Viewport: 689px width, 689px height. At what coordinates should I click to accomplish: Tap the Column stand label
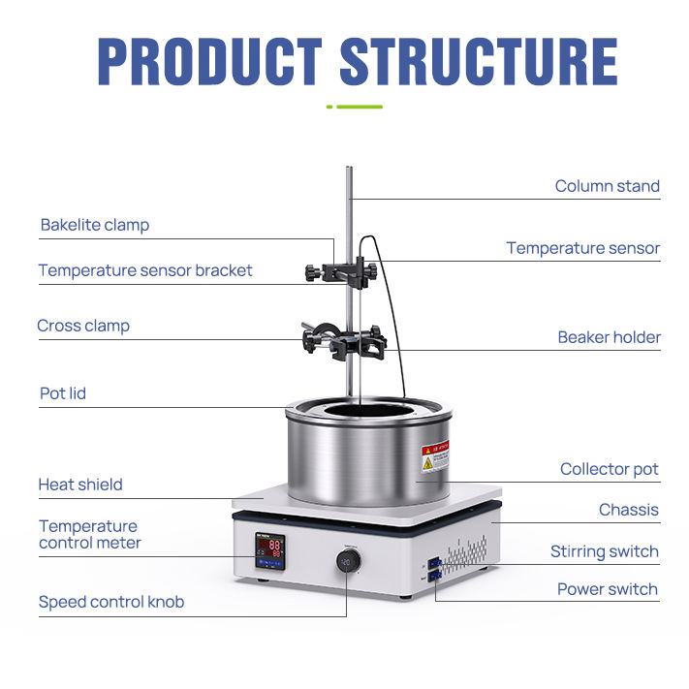tap(607, 186)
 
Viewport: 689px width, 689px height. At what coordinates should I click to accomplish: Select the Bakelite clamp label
tap(95, 225)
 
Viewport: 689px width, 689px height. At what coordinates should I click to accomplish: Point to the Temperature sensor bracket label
tap(145, 270)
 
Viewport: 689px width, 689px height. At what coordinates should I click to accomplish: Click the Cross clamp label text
tap(83, 326)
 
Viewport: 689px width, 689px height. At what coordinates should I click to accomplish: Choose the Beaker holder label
tap(609, 338)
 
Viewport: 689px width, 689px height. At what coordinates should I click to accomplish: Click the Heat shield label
tap(80, 485)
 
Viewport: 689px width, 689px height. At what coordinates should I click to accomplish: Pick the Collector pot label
tap(609, 469)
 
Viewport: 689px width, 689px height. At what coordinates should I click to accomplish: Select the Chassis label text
tap(628, 510)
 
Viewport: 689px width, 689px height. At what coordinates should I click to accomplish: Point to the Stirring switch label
tap(604, 552)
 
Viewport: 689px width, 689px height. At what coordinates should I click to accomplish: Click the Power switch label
tap(607, 589)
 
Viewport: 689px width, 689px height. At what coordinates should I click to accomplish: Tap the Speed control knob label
tap(111, 602)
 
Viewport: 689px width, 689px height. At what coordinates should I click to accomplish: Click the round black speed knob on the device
tap(349, 561)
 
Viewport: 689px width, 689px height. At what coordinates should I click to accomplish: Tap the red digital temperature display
tap(268, 549)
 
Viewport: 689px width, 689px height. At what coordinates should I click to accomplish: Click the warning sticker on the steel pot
tap(435, 456)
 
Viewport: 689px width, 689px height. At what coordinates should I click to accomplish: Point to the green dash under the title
tap(355, 107)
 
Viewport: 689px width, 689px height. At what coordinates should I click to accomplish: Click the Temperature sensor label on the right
tap(582, 248)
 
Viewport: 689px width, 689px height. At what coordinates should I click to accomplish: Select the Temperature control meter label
tap(89, 535)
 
